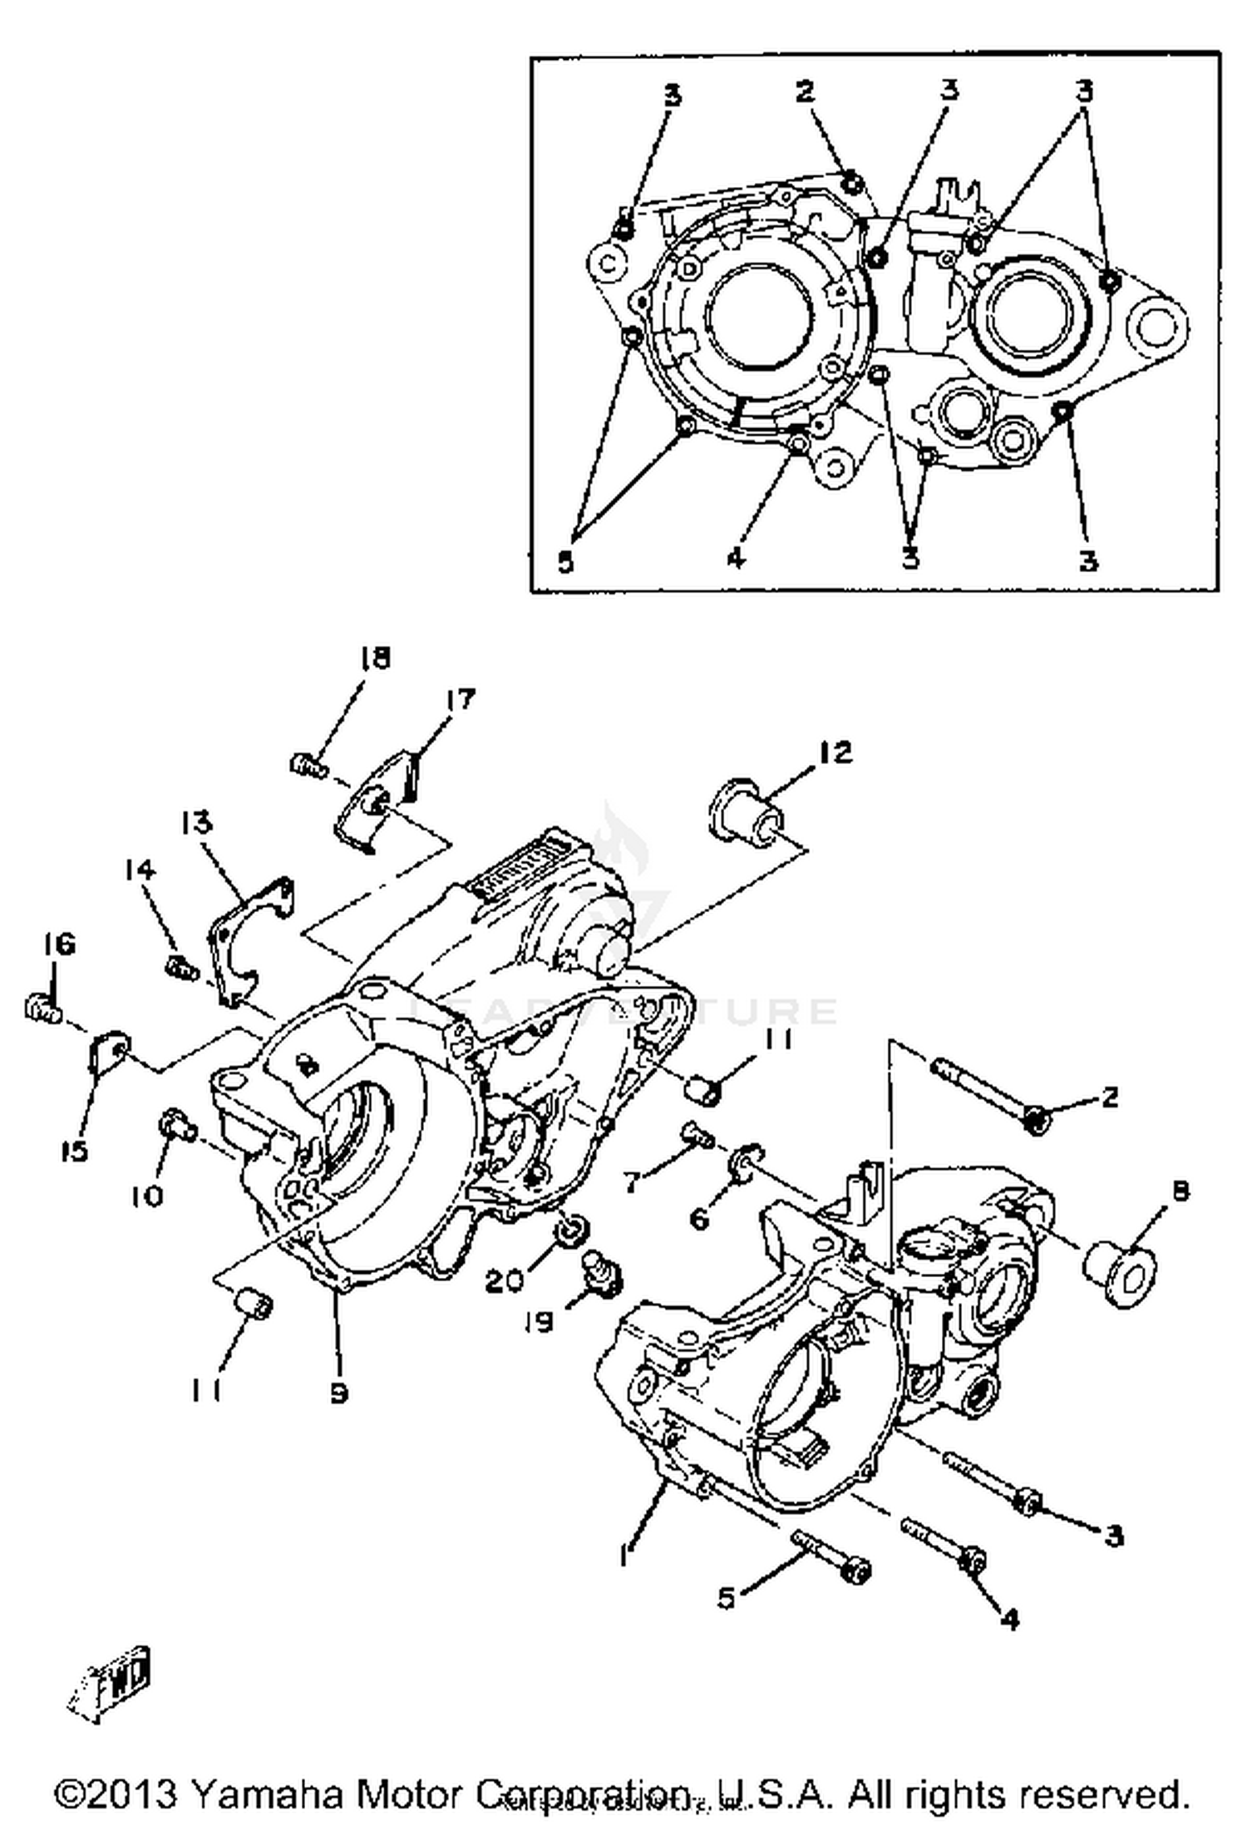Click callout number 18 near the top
click(x=374, y=658)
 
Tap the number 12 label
click(x=834, y=752)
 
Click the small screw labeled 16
click(x=42, y=1008)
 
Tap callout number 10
click(x=146, y=1196)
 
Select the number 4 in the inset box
click(x=737, y=557)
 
